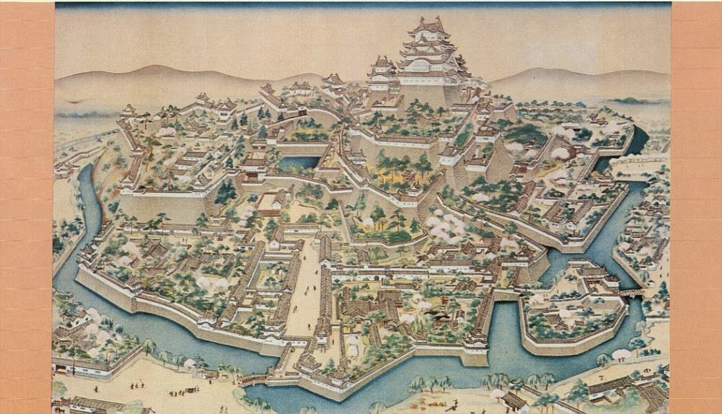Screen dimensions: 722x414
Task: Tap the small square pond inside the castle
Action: pos(299,163)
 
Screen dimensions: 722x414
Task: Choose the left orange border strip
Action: pos(27,207)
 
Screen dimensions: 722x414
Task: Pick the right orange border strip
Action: pos(696,207)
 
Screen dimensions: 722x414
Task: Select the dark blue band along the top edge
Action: pos(361,5)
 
